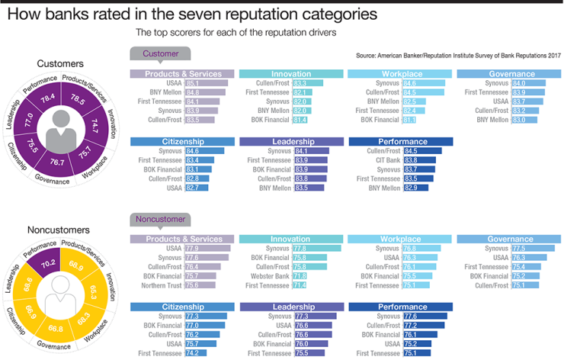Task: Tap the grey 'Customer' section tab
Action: tap(161, 53)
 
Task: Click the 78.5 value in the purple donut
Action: tap(77, 98)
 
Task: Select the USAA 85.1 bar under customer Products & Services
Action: tap(206, 82)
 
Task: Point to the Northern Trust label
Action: tap(161, 284)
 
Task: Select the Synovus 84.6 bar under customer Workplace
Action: tap(423, 82)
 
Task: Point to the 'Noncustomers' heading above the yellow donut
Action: tap(59, 229)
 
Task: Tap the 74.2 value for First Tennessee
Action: tap(193, 353)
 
